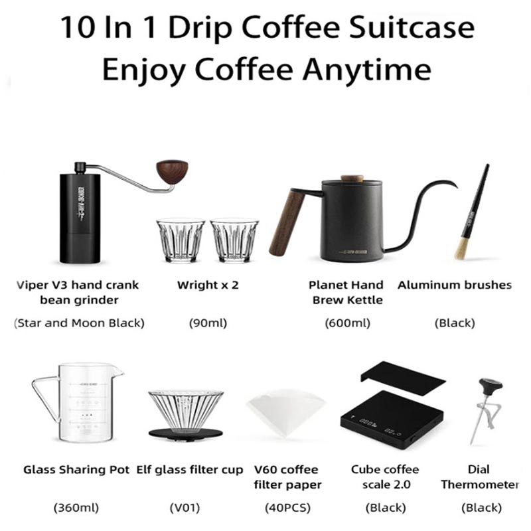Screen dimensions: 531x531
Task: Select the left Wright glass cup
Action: click(181, 241)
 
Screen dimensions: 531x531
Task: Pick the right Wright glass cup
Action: click(234, 241)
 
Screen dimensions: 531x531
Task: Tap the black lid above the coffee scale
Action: click(403, 378)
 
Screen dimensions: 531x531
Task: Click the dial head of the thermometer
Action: click(491, 384)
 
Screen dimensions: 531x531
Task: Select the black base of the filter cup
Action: click(186, 433)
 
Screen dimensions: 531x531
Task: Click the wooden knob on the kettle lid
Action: click(352, 179)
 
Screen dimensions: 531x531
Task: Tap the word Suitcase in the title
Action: click(412, 28)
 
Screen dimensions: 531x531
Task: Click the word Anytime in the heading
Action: click(367, 70)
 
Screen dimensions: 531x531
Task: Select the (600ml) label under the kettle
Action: click(347, 323)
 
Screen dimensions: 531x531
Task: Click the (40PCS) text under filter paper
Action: click(287, 508)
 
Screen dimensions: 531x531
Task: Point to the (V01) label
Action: click(185, 508)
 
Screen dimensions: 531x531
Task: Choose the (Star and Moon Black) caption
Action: click(79, 323)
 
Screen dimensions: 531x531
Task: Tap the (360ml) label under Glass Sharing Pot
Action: click(76, 508)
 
